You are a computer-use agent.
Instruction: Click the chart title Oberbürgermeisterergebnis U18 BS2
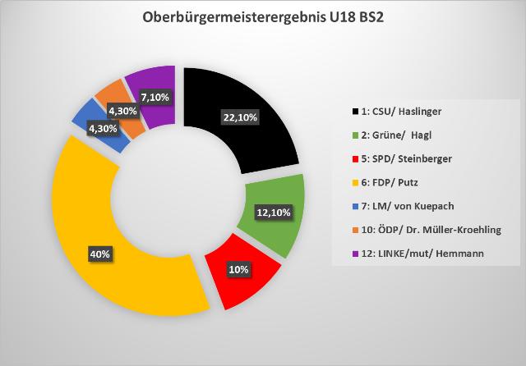tap(263, 17)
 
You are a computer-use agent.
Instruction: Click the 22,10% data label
tap(240, 118)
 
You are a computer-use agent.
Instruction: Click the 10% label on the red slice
tap(238, 269)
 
